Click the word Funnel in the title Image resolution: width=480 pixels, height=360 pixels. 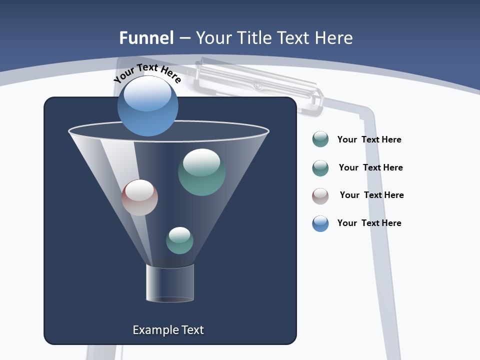(x=146, y=38)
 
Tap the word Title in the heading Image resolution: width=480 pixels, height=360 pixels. (x=253, y=38)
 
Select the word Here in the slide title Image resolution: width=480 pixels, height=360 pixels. (x=333, y=38)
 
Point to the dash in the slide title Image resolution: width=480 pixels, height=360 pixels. (x=184, y=38)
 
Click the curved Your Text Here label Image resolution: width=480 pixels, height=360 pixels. (x=147, y=72)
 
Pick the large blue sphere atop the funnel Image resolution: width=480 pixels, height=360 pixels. (x=147, y=106)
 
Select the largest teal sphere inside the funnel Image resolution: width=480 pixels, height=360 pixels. (x=201, y=171)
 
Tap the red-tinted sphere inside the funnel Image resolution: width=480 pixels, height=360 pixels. (x=139, y=197)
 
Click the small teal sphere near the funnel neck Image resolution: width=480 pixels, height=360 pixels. (x=179, y=240)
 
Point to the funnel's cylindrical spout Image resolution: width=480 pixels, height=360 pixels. (x=170, y=283)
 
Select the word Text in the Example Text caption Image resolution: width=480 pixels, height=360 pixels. (x=192, y=330)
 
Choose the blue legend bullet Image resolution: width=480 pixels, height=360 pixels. (x=320, y=223)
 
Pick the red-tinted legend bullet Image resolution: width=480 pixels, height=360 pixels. (x=320, y=196)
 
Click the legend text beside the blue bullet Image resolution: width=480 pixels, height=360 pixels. (x=369, y=223)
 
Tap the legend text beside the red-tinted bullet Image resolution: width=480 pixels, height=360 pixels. (x=371, y=195)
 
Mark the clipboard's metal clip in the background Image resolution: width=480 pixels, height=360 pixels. (x=257, y=85)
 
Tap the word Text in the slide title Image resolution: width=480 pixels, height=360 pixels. (x=293, y=38)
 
